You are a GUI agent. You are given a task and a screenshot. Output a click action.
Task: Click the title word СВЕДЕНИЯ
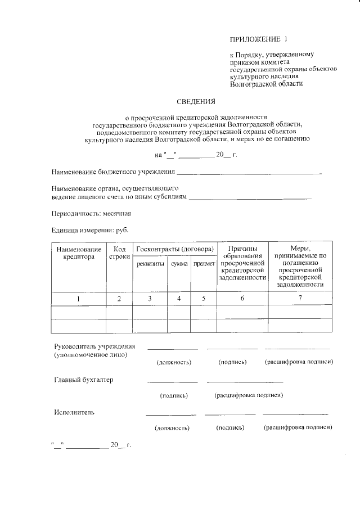pyautogui.click(x=196, y=102)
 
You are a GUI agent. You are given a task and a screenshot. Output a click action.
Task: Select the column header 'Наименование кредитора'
pyautogui.click(x=79, y=253)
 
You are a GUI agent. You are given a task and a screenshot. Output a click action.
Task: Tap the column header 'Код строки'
pyautogui.click(x=119, y=253)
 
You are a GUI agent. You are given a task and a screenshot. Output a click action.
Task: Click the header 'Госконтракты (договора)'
pyautogui.click(x=174, y=249)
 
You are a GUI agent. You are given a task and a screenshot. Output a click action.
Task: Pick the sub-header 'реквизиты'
pyautogui.click(x=150, y=264)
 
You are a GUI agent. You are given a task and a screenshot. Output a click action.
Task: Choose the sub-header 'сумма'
pyautogui.click(x=179, y=264)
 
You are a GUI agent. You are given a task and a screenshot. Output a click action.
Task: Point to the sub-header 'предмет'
pyautogui.click(x=204, y=264)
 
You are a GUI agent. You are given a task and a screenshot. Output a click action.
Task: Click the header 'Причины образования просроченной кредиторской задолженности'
pyautogui.click(x=242, y=263)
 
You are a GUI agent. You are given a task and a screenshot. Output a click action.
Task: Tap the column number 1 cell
pyautogui.click(x=79, y=299)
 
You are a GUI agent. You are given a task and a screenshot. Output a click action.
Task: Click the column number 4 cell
pyautogui.click(x=179, y=299)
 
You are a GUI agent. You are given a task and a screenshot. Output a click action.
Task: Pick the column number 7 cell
pyautogui.click(x=300, y=298)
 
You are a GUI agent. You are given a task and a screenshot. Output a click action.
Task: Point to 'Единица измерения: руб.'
pyautogui.click(x=89, y=231)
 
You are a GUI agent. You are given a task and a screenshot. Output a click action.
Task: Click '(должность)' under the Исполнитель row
pyautogui.click(x=172, y=428)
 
